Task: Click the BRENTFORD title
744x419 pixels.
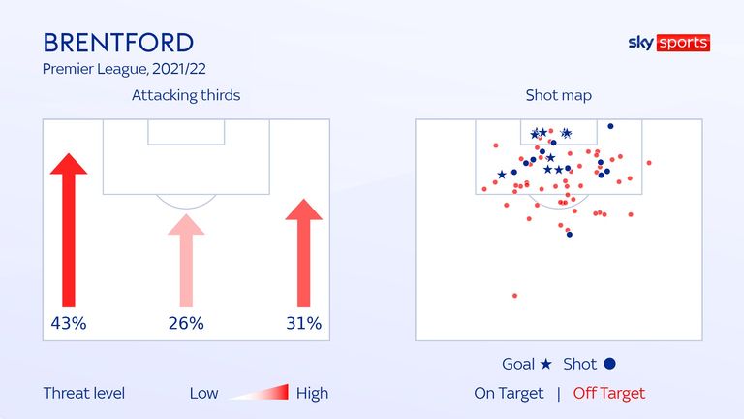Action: pos(118,43)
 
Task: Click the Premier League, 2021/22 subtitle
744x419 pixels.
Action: pos(124,69)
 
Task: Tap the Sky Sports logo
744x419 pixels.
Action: pos(669,43)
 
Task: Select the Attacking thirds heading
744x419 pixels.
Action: pos(186,95)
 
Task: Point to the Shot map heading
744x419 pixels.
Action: pos(558,95)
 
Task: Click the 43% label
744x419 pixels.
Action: pos(69,324)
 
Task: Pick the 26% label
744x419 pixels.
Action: pos(186,324)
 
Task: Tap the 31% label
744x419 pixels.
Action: pos(303,324)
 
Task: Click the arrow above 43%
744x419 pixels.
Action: pos(69,231)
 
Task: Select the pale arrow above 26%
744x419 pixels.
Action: pos(186,261)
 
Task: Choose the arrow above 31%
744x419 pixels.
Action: pos(303,253)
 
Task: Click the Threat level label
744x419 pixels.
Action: pos(84,394)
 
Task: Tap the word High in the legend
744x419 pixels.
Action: pos(312,394)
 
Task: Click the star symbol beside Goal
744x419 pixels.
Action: pos(546,364)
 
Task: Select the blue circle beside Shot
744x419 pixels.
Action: pos(609,364)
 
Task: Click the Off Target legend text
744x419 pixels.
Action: pos(609,394)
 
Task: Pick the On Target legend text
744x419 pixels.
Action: pos(509,394)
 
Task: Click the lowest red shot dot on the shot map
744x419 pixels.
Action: pos(514,296)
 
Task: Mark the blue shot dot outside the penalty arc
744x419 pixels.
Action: pos(570,234)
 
